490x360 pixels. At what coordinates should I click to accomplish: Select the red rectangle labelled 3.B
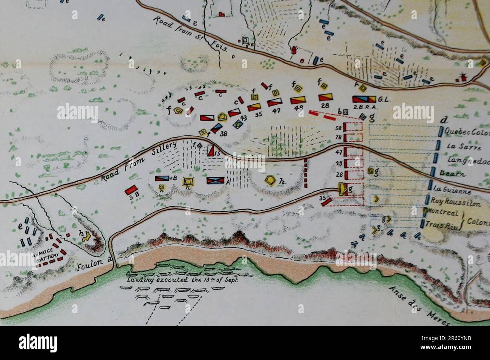pyautogui.click(x=131, y=190)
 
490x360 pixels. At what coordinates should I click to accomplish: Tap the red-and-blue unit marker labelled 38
pyautogui.click(x=215, y=128)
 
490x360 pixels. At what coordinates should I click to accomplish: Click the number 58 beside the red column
pyautogui.click(x=338, y=129)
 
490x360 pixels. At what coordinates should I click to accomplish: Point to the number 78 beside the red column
pyautogui.click(x=338, y=138)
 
